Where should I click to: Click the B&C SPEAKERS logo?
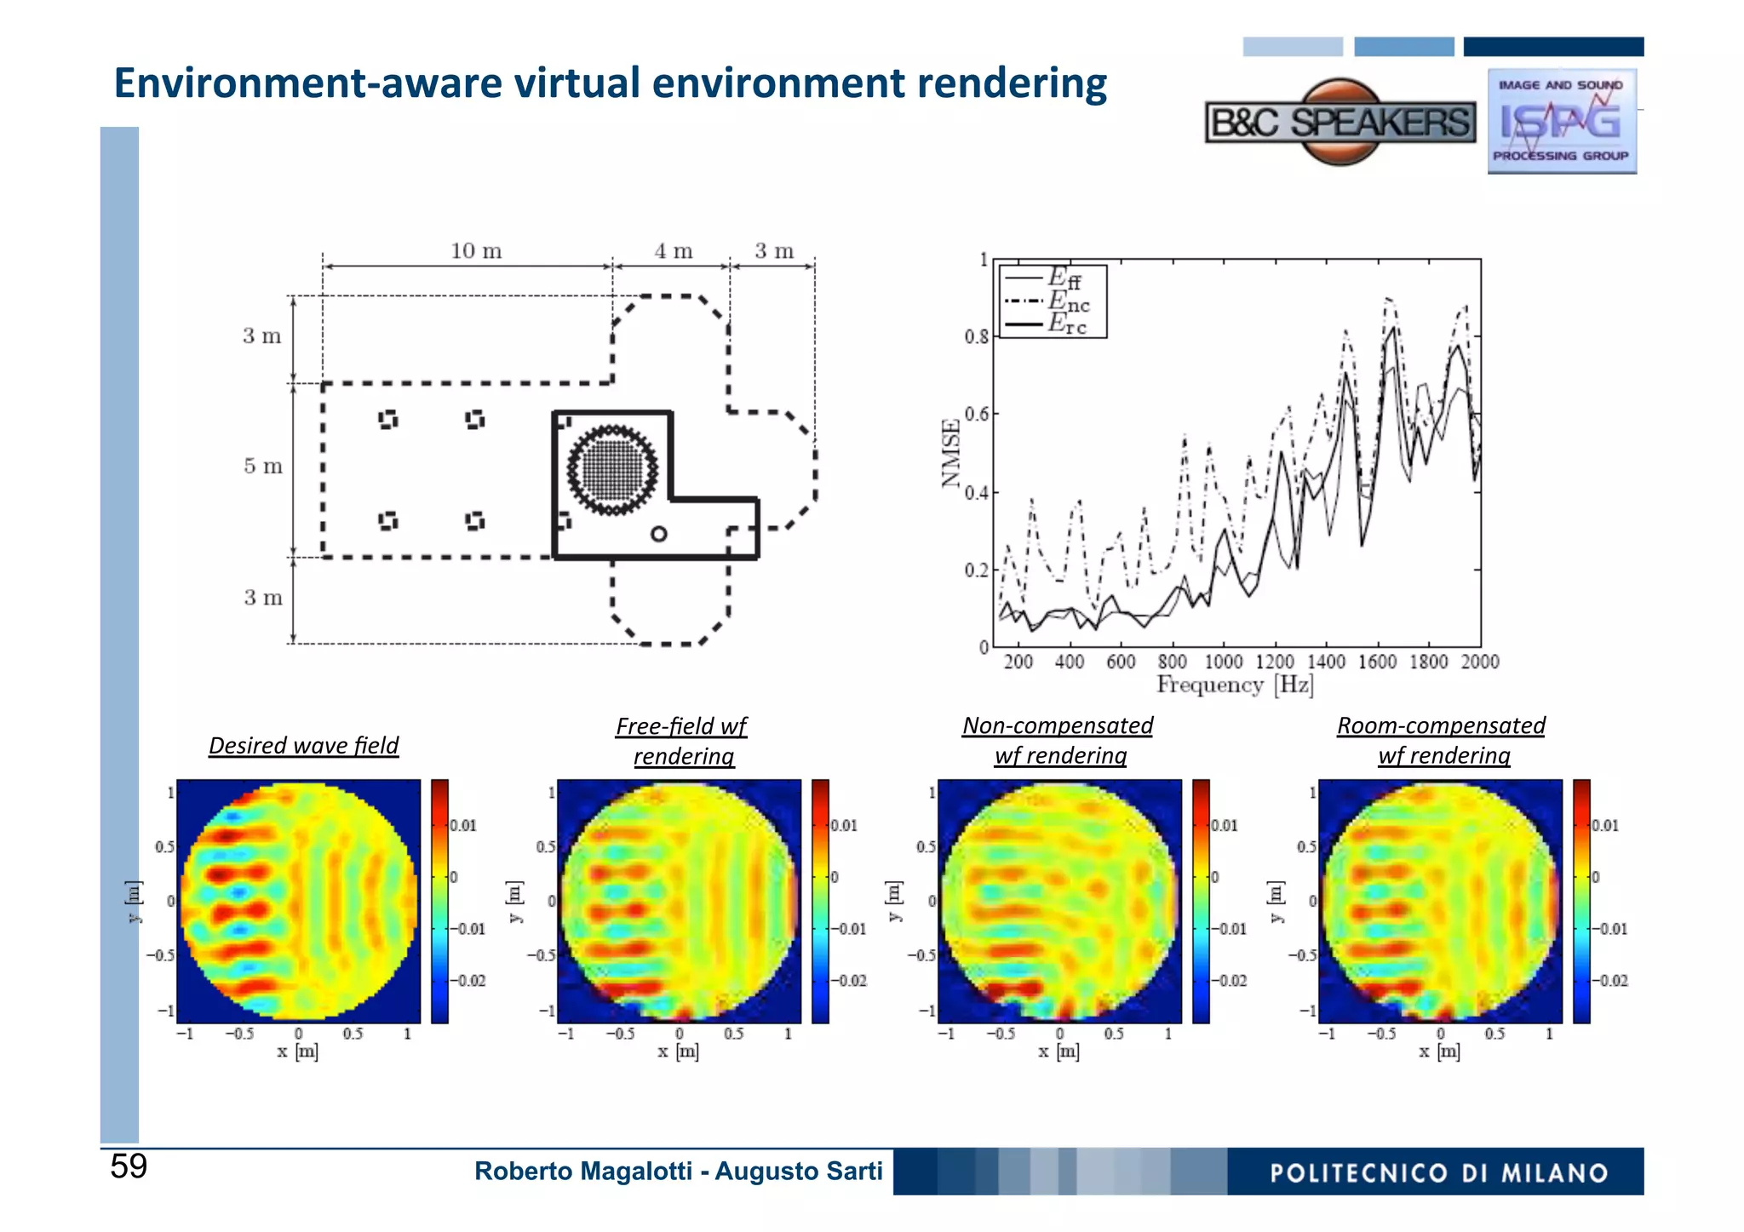point(1340,123)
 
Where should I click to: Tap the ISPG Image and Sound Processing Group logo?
point(1561,121)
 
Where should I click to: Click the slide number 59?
point(129,1166)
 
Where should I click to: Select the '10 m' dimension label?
point(476,251)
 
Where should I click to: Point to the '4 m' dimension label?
point(673,251)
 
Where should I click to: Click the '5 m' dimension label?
point(262,467)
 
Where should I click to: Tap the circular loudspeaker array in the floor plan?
point(612,469)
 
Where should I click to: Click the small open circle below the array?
point(658,534)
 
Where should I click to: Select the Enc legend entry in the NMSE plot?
point(1068,301)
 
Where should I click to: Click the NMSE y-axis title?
point(951,453)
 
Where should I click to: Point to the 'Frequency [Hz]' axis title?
point(1235,685)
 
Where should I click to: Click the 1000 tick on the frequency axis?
point(1223,662)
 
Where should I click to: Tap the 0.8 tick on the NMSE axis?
point(976,337)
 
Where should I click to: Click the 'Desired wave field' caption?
point(303,746)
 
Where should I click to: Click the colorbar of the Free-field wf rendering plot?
point(820,901)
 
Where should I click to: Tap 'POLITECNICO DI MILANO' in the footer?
point(1438,1173)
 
